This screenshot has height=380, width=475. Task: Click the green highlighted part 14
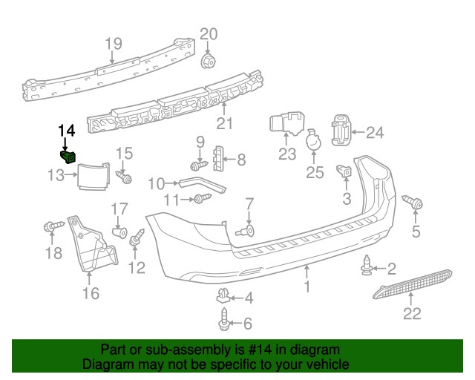click(x=68, y=156)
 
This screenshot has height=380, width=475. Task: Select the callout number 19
click(x=112, y=44)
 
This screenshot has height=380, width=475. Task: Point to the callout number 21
click(x=224, y=123)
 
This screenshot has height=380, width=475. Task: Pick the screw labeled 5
click(x=412, y=202)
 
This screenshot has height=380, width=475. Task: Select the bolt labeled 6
click(x=225, y=323)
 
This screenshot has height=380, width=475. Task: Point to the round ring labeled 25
click(x=314, y=142)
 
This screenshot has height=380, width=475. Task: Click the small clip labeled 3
click(x=344, y=172)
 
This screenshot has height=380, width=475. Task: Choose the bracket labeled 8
click(x=218, y=158)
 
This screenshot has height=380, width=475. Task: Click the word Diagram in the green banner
click(x=105, y=364)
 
